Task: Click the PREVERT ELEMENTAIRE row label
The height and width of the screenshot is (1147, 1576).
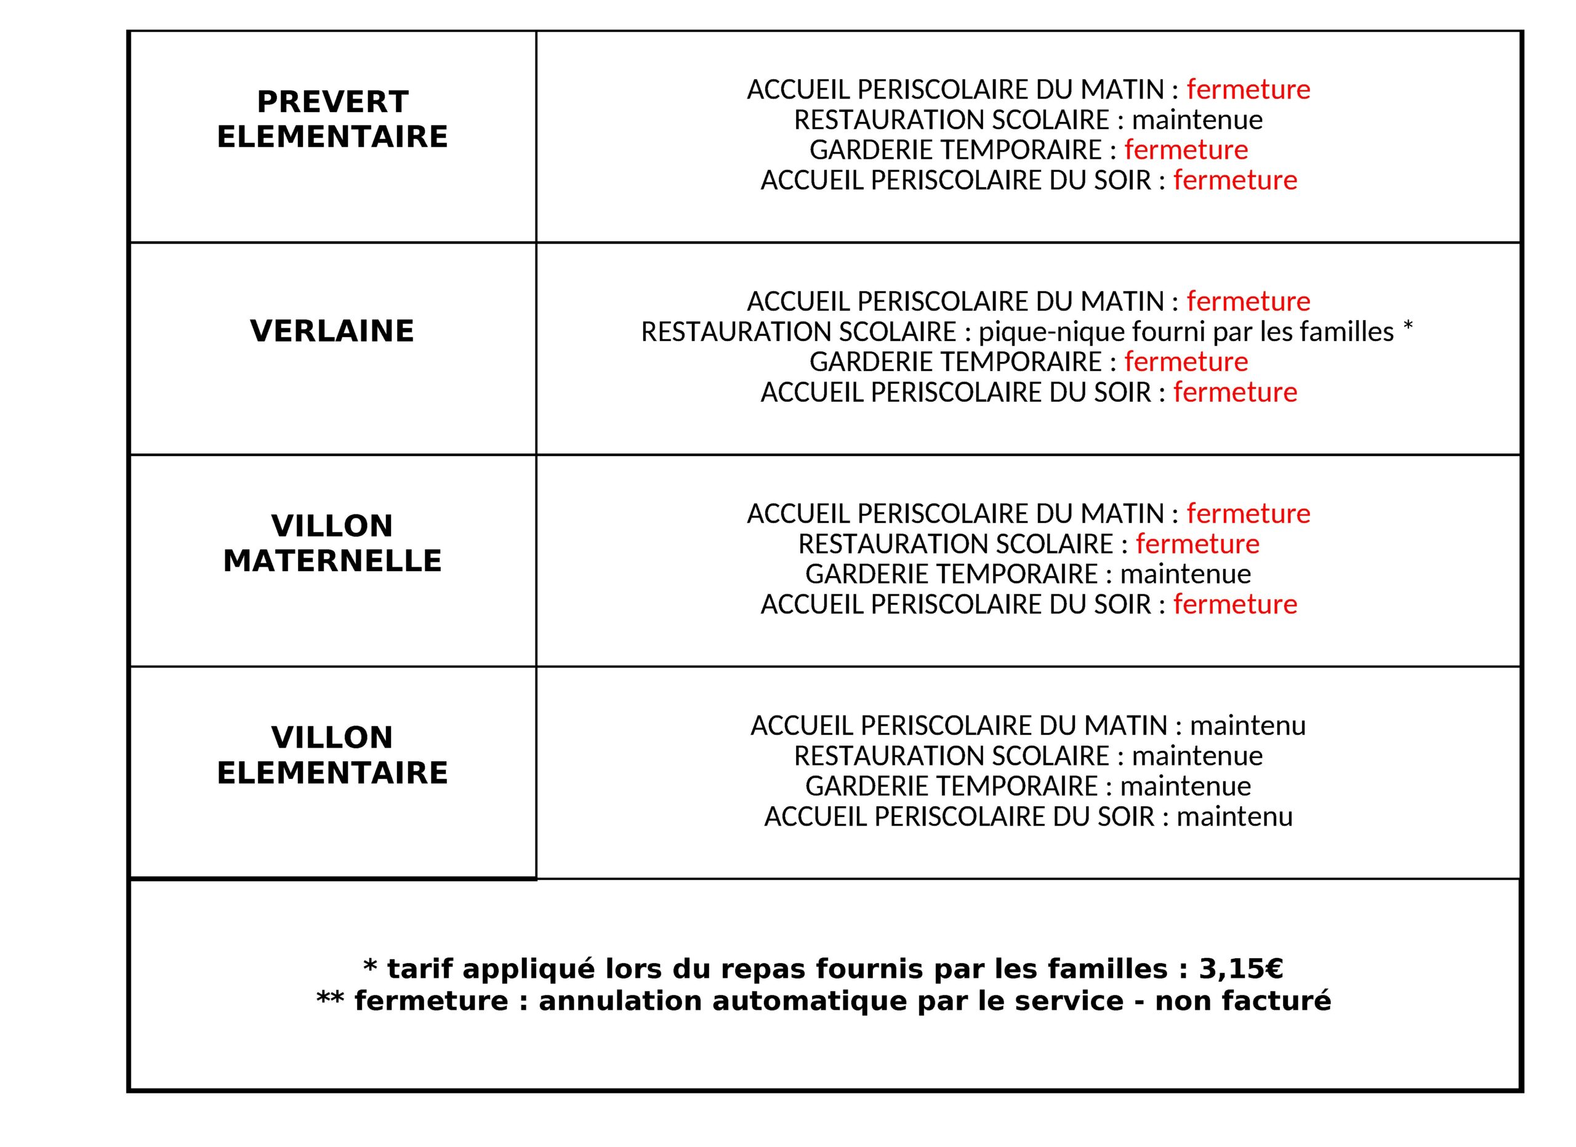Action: pyautogui.click(x=332, y=119)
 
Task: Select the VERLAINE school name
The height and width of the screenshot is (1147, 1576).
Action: pyautogui.click(x=332, y=330)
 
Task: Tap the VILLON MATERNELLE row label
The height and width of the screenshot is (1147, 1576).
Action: pyautogui.click(x=332, y=543)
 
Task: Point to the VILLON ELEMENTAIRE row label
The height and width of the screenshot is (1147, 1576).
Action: pyautogui.click(x=332, y=754)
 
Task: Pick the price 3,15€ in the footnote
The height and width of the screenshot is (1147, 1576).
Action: pyautogui.click(x=1240, y=969)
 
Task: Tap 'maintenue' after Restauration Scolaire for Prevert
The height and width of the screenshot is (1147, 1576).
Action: pyautogui.click(x=1197, y=120)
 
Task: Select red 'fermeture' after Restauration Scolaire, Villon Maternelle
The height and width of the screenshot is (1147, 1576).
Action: pyautogui.click(x=1197, y=544)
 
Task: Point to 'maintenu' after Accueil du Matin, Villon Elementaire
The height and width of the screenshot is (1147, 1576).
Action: pyautogui.click(x=1248, y=725)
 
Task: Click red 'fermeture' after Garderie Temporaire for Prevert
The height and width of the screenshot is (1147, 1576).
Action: pyautogui.click(x=1186, y=150)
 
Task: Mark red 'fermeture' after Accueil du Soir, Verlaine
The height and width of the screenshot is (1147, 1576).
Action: pyautogui.click(x=1236, y=393)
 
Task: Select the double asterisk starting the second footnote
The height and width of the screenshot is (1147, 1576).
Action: pyautogui.click(x=330, y=1000)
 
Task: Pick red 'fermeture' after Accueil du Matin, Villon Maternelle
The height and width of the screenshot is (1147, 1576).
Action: pyautogui.click(x=1248, y=513)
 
